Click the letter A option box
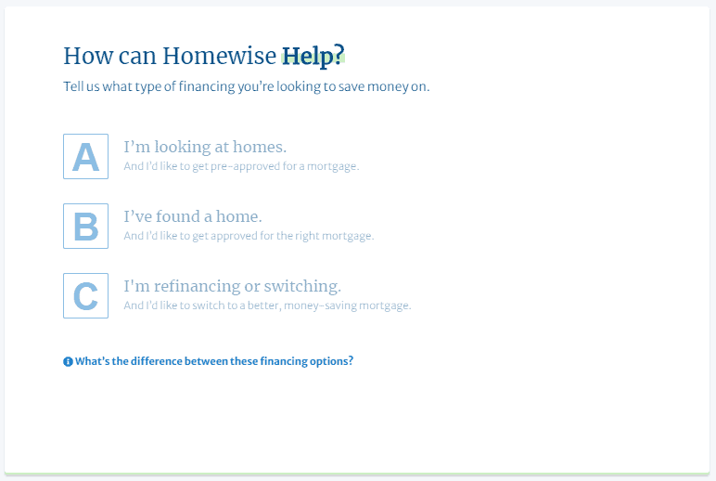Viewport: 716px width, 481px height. tap(85, 156)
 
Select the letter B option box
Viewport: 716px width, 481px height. tap(85, 226)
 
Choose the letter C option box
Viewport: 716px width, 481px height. tap(85, 295)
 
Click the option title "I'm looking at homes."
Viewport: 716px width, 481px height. tap(205, 147)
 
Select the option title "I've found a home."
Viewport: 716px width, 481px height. tap(193, 216)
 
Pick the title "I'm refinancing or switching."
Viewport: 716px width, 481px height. tap(232, 286)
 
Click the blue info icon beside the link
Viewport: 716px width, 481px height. tap(68, 361)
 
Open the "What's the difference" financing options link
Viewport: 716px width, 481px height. tap(214, 361)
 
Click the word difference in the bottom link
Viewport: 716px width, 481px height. tap(156, 361)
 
